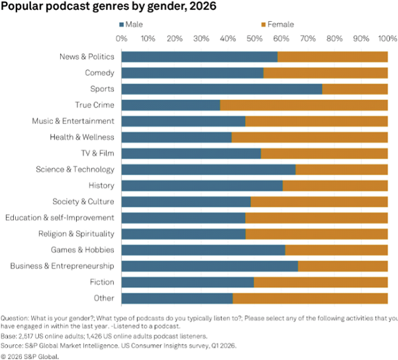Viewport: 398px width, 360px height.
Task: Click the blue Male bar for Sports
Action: (x=222, y=89)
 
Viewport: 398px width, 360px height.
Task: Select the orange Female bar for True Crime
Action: (x=304, y=105)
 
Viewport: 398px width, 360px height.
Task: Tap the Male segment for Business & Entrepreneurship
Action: (x=210, y=267)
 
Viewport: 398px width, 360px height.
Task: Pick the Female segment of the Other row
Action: (x=310, y=299)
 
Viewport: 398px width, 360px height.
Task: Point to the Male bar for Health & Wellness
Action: (x=177, y=137)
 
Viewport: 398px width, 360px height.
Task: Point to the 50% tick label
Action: (x=255, y=38)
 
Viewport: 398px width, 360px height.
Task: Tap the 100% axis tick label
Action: (x=387, y=38)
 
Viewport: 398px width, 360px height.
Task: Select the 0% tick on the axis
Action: (x=122, y=38)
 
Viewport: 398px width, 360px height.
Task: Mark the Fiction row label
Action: (x=101, y=282)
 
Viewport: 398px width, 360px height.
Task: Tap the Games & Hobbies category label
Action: (x=83, y=250)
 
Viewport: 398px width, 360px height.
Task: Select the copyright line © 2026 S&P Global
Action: (x=30, y=355)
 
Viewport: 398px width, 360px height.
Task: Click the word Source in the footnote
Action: (x=12, y=345)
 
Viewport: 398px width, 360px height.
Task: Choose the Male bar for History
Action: (x=202, y=186)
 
